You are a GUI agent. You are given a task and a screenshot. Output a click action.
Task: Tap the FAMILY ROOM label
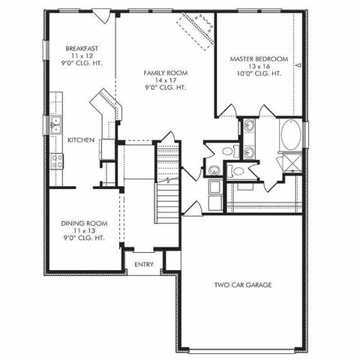coord(165,73)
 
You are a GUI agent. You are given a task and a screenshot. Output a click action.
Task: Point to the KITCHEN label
coord(80,140)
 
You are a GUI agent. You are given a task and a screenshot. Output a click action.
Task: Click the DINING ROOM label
coord(82,223)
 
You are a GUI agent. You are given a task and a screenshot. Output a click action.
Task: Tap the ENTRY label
coord(144,264)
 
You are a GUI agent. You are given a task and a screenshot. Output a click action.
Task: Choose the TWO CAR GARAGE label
coord(242,285)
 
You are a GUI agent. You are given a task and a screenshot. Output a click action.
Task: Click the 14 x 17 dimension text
coord(165,80)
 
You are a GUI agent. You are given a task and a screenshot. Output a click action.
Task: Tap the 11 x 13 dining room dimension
coord(82,230)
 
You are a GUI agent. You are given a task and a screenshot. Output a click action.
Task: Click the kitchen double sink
coord(55,125)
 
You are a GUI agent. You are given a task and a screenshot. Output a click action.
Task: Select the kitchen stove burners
coord(55,160)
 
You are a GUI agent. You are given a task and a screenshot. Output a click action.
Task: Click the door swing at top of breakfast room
coord(107,15)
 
